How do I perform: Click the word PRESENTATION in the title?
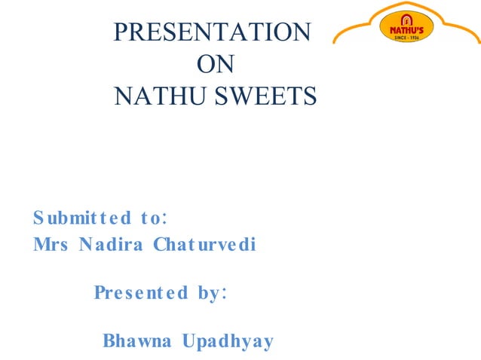(x=210, y=32)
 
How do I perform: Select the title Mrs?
(x=51, y=246)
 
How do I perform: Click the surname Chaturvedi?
(x=204, y=246)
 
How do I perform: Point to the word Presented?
(x=141, y=293)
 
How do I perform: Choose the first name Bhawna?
(x=135, y=341)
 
